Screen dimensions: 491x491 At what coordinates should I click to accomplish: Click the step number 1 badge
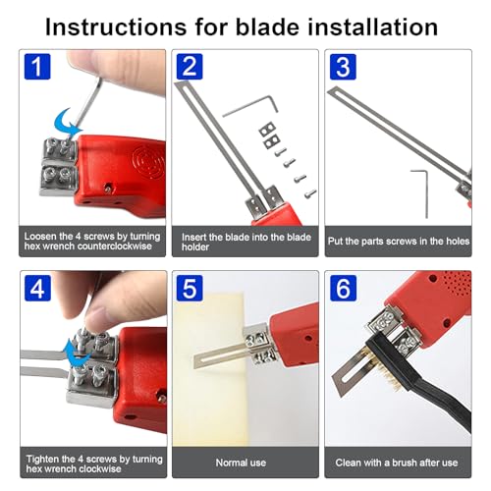[34, 68]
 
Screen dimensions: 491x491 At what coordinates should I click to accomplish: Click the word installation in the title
[382, 22]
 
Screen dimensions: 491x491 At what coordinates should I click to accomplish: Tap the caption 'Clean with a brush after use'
[398, 461]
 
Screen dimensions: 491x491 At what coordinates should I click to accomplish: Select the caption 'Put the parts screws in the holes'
[398, 237]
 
